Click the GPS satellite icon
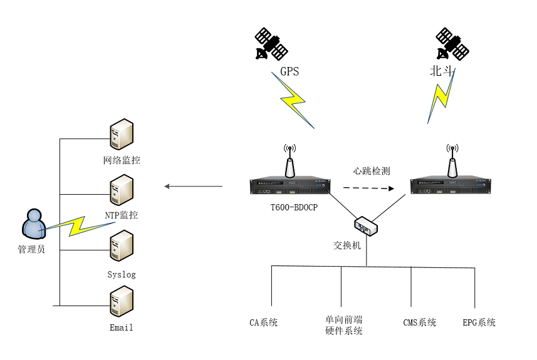click(271, 44)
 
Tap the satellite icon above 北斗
click(452, 44)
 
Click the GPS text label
click(289, 71)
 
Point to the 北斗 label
click(441, 71)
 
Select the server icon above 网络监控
click(121, 136)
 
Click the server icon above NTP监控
click(121, 190)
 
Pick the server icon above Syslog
click(121, 246)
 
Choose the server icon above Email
click(121, 301)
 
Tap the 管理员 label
click(31, 249)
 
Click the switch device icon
click(366, 225)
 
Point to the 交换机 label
click(347, 245)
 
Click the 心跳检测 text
click(372, 171)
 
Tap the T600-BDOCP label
click(289, 207)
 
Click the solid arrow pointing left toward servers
click(193, 186)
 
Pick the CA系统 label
click(263, 323)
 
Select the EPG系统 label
click(479, 323)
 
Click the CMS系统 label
click(419, 323)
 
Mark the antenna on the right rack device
click(451, 162)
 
